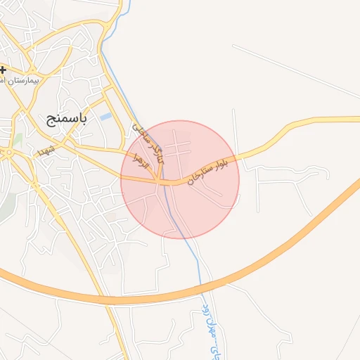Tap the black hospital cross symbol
point(4,70)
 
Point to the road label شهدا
point(46,151)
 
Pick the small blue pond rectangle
point(105,116)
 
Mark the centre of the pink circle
point(180,179)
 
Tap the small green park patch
point(17,140)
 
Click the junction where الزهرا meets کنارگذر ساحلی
point(161,181)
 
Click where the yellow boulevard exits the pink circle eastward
point(238,159)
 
